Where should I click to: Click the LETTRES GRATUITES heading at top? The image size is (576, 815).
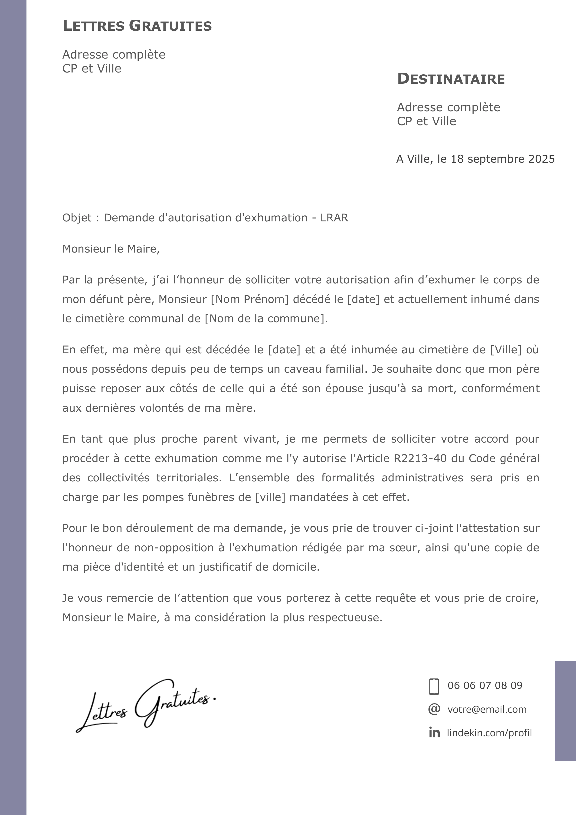click(x=137, y=26)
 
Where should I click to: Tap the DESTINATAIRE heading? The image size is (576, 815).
click(x=451, y=79)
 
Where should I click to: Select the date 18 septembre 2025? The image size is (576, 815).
click(x=503, y=159)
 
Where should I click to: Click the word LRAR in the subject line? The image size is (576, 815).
click(x=334, y=218)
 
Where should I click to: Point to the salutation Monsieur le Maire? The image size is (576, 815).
click(x=111, y=249)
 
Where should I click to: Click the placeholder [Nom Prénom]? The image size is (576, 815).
click(x=250, y=299)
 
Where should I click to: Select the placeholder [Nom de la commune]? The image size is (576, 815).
click(x=265, y=319)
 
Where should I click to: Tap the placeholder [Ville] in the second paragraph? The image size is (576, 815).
click(x=506, y=350)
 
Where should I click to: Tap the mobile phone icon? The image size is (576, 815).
click(x=434, y=686)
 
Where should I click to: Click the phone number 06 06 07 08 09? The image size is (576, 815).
click(x=485, y=685)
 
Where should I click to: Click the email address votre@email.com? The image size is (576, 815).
click(x=487, y=710)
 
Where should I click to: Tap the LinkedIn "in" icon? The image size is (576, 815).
click(x=434, y=733)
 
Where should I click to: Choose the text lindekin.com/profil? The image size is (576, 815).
click(x=489, y=733)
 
